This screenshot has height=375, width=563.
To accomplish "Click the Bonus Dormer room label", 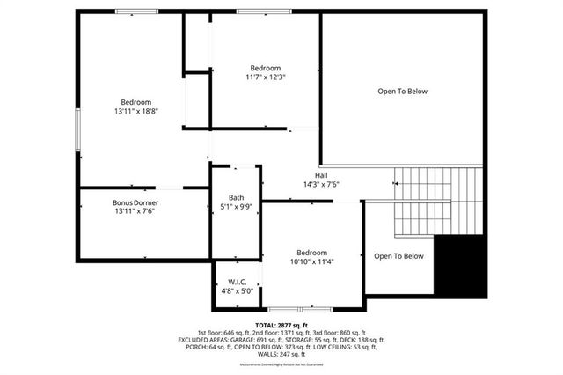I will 135,202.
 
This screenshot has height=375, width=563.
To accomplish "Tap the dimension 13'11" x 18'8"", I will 135,112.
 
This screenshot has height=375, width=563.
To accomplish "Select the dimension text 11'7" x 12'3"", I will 265,77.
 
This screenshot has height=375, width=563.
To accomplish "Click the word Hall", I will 321,174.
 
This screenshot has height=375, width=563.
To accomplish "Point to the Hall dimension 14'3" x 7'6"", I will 321,184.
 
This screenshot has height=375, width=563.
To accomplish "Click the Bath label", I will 236,197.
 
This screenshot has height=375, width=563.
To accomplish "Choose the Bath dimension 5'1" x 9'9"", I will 236,207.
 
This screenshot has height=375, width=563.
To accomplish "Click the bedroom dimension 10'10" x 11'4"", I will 312,261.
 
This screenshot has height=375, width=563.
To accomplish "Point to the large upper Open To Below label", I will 402,91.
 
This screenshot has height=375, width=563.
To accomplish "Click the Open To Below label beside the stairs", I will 398,256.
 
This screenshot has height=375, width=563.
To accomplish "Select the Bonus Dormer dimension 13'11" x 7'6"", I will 135,212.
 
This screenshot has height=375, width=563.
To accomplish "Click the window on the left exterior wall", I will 78,131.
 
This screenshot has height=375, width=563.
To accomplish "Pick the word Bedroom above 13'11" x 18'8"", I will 135,102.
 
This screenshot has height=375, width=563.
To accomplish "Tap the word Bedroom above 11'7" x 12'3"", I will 265,68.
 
